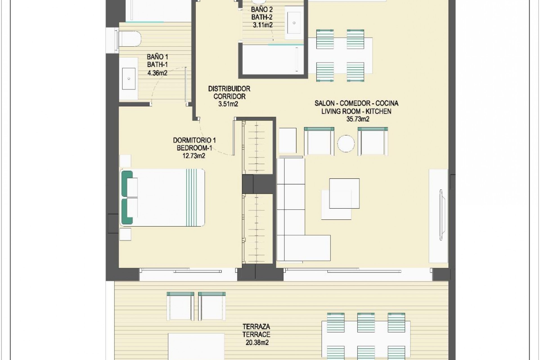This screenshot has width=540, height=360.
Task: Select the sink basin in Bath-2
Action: (294, 22)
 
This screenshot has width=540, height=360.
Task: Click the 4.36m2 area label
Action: (157, 73)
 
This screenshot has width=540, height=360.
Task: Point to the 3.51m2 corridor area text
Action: (228, 104)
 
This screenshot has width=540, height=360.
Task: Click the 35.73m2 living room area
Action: (358, 119)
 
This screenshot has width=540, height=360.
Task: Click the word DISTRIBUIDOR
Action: (229, 89)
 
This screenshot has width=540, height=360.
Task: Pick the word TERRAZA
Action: (256, 327)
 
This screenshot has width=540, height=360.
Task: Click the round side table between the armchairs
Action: (346, 144)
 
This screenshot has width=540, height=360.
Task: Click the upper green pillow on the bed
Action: (127, 183)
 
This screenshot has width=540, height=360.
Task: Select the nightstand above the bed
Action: (125, 161)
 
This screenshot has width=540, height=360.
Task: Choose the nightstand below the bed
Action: (125, 234)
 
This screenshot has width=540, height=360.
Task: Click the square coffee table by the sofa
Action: (344, 193)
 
